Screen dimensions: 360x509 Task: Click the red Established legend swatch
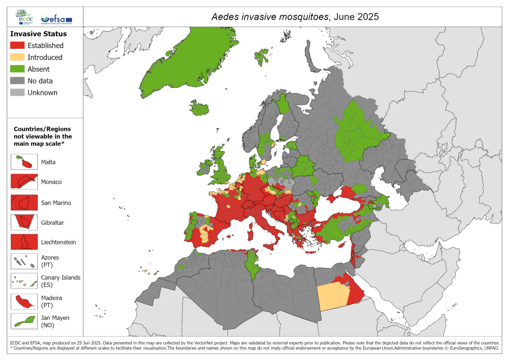[17, 45]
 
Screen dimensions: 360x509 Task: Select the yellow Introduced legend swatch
[17, 57]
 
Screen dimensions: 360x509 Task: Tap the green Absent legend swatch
[17, 69]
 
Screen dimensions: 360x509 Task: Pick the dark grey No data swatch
[17, 80]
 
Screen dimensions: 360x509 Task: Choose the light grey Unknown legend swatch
[17, 92]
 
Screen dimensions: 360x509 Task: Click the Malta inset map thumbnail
[24, 162]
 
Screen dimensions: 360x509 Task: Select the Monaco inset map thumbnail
[24, 182]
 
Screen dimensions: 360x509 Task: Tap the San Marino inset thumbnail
[24, 202]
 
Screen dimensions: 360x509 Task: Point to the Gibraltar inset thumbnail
[24, 222]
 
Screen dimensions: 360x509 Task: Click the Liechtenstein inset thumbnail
[24, 242]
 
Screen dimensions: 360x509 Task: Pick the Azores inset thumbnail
[24, 261]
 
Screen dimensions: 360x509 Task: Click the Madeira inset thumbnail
[24, 301]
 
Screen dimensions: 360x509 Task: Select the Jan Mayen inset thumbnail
[24, 321]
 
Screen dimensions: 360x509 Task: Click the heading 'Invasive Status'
[38, 34]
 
